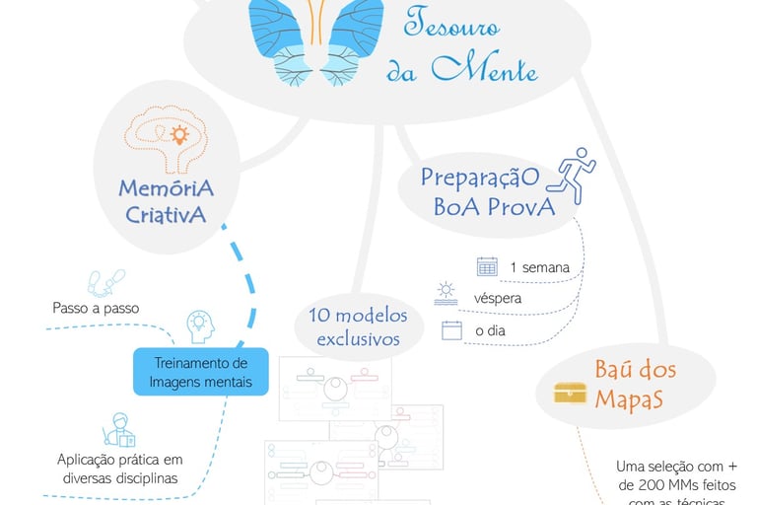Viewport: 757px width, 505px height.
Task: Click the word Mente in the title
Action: tap(488, 69)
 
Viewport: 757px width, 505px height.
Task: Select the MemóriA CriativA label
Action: tap(166, 200)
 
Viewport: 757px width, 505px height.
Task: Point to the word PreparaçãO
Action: tap(480, 177)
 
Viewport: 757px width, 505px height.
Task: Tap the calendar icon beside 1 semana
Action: tap(487, 266)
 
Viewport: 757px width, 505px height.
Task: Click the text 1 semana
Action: tap(539, 267)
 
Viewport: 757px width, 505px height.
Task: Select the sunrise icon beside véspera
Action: tap(447, 293)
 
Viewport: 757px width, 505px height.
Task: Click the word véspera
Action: tap(498, 297)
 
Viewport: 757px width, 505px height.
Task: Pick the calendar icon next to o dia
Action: tap(451, 330)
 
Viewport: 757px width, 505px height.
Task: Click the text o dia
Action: tap(490, 331)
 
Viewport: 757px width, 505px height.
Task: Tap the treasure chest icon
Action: tap(570, 391)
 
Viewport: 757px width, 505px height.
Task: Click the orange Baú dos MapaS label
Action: tap(635, 385)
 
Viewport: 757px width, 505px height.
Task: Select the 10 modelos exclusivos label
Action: tap(356, 326)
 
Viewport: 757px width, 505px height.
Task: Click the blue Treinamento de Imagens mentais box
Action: tap(201, 372)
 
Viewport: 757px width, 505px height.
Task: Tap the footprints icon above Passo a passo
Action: tap(106, 282)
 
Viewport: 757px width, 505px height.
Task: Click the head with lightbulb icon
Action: tap(200, 325)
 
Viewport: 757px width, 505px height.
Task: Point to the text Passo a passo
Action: tap(96, 308)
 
